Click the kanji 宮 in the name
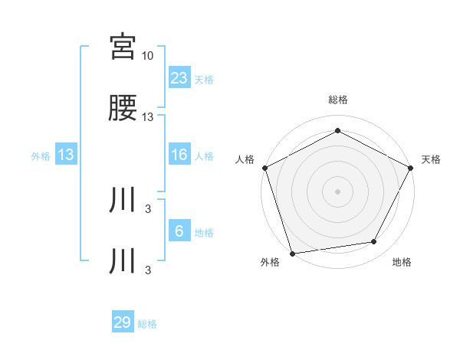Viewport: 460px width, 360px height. pyautogui.click(x=123, y=47)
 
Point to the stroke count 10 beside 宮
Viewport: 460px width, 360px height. pyautogui.click(x=148, y=56)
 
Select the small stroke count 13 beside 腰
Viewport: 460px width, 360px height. pyautogui.click(x=148, y=117)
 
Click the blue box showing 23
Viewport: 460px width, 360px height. pyautogui.click(x=179, y=77)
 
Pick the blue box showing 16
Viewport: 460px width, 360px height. pyautogui.click(x=179, y=155)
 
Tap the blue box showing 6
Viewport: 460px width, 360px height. pyautogui.click(x=179, y=231)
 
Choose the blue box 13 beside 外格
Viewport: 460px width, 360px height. pyautogui.click(x=66, y=155)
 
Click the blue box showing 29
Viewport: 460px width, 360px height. pyautogui.click(x=123, y=322)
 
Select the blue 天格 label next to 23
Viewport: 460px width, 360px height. pyautogui.click(x=204, y=79)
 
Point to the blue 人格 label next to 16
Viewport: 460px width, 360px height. pyautogui.click(x=204, y=156)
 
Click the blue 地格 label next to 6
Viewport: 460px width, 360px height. pyautogui.click(x=204, y=233)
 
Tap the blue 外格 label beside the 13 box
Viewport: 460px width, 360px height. pyautogui.click(x=41, y=156)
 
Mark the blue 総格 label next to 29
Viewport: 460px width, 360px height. pyautogui.click(x=147, y=324)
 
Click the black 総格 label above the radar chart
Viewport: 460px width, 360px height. pyautogui.click(x=338, y=100)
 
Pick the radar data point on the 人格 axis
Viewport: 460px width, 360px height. pyautogui.click(x=264, y=167)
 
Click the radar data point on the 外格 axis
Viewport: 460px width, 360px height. pyautogui.click(x=292, y=253)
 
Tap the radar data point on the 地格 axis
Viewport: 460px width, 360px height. pyautogui.click(x=374, y=241)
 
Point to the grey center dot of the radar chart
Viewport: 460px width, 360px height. pyautogui.click(x=338, y=191)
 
